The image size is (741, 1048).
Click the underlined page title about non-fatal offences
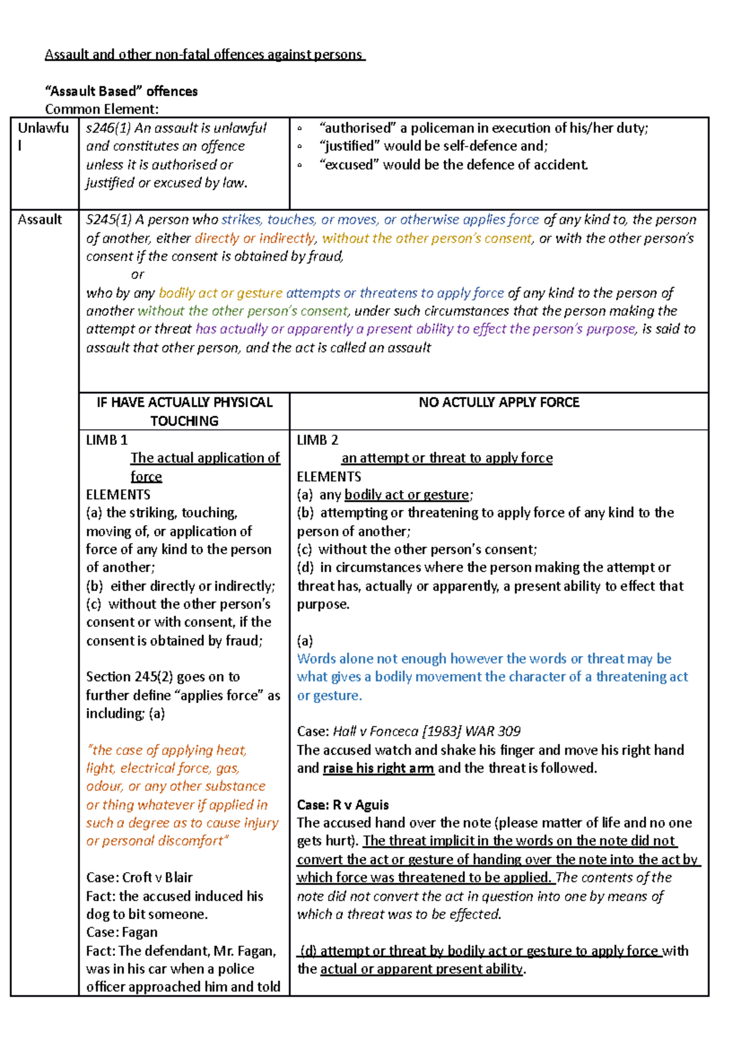click(204, 54)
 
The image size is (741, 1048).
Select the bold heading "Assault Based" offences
click(121, 91)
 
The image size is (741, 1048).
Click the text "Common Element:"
click(101, 109)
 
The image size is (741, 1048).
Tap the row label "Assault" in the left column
click(40, 220)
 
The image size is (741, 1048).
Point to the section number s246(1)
click(107, 128)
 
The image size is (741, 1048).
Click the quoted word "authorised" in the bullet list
click(356, 128)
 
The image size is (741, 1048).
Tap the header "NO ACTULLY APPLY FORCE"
click(498, 402)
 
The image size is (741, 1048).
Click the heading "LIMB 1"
click(107, 440)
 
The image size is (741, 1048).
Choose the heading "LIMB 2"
click(317, 440)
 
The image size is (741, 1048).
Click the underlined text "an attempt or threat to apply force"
click(446, 458)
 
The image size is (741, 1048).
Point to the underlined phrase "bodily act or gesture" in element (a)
click(406, 494)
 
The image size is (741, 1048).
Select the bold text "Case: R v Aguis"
click(343, 805)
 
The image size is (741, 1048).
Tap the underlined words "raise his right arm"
click(378, 768)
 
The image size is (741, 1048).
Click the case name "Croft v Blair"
click(157, 878)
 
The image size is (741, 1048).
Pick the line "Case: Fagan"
click(122, 932)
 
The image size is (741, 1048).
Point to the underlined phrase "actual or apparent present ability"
click(421, 969)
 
